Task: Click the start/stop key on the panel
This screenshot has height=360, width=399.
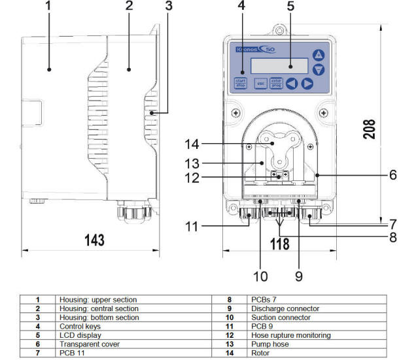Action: click(240, 83)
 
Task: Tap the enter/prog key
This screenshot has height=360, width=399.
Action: click(276, 83)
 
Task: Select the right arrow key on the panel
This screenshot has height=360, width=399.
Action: click(307, 84)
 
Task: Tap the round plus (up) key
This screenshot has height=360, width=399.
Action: click(319, 55)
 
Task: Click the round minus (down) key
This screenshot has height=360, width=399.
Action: click(319, 69)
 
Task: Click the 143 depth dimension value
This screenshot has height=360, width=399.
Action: click(94, 240)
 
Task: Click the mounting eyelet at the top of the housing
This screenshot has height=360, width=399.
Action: click(279, 30)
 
